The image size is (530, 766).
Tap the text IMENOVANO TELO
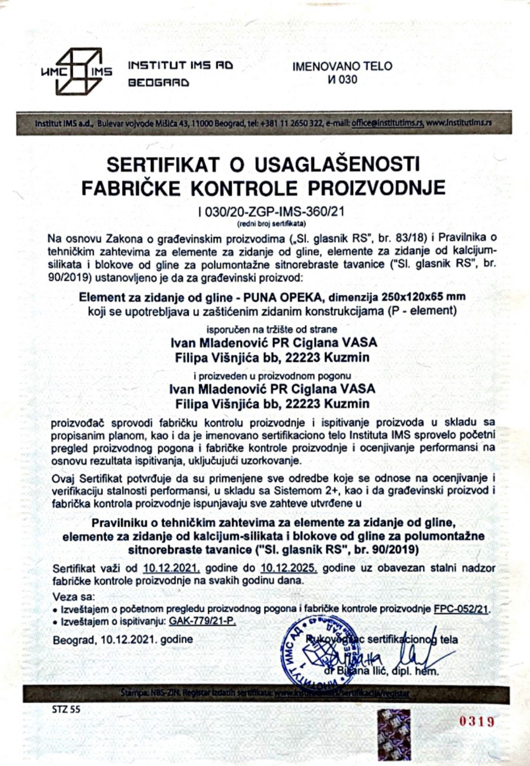click(x=342, y=66)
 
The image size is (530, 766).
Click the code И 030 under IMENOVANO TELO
click(x=342, y=80)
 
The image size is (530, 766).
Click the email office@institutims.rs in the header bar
click(x=388, y=122)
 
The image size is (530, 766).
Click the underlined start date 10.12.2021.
click(x=171, y=568)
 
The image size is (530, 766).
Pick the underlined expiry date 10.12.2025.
click(x=289, y=568)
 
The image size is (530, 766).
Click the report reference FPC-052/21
click(x=462, y=609)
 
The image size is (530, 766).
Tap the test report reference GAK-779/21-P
click(x=202, y=621)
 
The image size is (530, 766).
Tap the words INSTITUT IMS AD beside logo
click(x=181, y=65)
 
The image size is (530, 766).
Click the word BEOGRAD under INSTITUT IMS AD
click(x=159, y=83)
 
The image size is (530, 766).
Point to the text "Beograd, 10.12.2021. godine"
click(x=123, y=639)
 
